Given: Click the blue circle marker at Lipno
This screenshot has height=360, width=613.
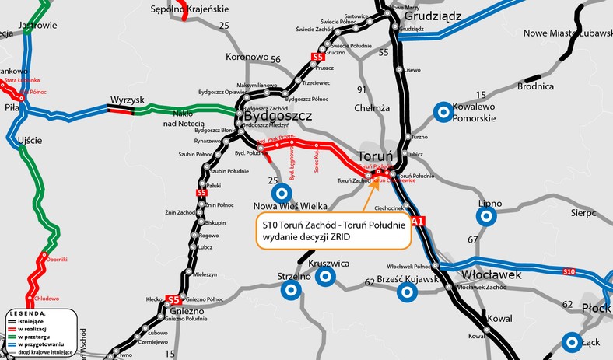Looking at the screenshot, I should [489, 218].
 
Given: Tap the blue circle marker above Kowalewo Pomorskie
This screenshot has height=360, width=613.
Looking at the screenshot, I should [443, 112].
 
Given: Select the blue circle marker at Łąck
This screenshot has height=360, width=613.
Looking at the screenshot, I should [573, 341].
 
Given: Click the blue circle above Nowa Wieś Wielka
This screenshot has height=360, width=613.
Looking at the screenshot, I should [278, 193].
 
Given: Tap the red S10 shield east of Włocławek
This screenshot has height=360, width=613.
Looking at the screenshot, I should [569, 271].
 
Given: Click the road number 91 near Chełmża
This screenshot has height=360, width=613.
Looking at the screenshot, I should [361, 89].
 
